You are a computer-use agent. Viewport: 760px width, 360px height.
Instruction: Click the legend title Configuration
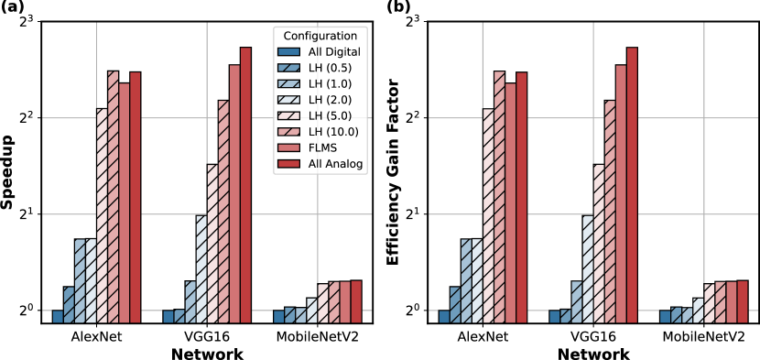point(320,36)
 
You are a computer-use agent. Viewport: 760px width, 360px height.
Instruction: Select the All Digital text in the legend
point(334,52)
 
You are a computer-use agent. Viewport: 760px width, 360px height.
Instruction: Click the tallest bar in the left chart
point(245,183)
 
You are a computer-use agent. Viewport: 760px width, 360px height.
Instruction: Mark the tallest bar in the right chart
point(632,183)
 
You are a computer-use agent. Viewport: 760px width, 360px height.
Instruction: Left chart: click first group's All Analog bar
point(136,197)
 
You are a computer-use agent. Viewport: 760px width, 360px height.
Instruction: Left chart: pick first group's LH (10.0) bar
point(114,197)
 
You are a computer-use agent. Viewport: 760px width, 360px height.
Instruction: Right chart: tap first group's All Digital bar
point(444,316)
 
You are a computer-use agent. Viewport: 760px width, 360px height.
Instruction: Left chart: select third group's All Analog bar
point(356,301)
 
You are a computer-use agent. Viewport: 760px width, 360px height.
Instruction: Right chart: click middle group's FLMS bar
point(621,192)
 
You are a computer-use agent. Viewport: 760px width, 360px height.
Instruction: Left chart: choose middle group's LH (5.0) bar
point(212,243)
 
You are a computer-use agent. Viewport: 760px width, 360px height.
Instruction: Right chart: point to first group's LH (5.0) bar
point(488,215)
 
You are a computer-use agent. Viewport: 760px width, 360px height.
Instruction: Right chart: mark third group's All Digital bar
point(665,316)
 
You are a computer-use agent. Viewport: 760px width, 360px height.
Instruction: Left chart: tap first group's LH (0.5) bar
point(69,304)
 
